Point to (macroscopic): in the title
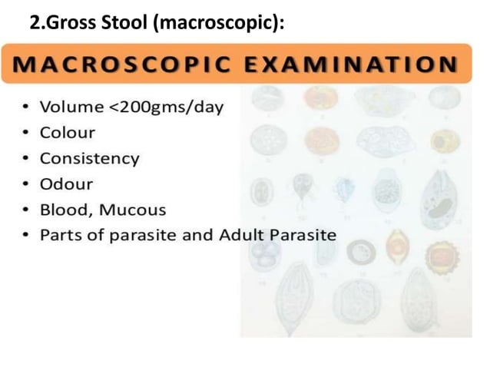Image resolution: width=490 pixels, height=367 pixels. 220,23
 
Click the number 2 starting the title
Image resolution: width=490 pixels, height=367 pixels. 35,23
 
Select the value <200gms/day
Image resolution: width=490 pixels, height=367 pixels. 164,107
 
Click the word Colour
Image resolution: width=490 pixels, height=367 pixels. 68,133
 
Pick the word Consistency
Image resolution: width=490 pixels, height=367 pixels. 90,159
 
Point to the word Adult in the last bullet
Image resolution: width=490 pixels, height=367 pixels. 242,235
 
